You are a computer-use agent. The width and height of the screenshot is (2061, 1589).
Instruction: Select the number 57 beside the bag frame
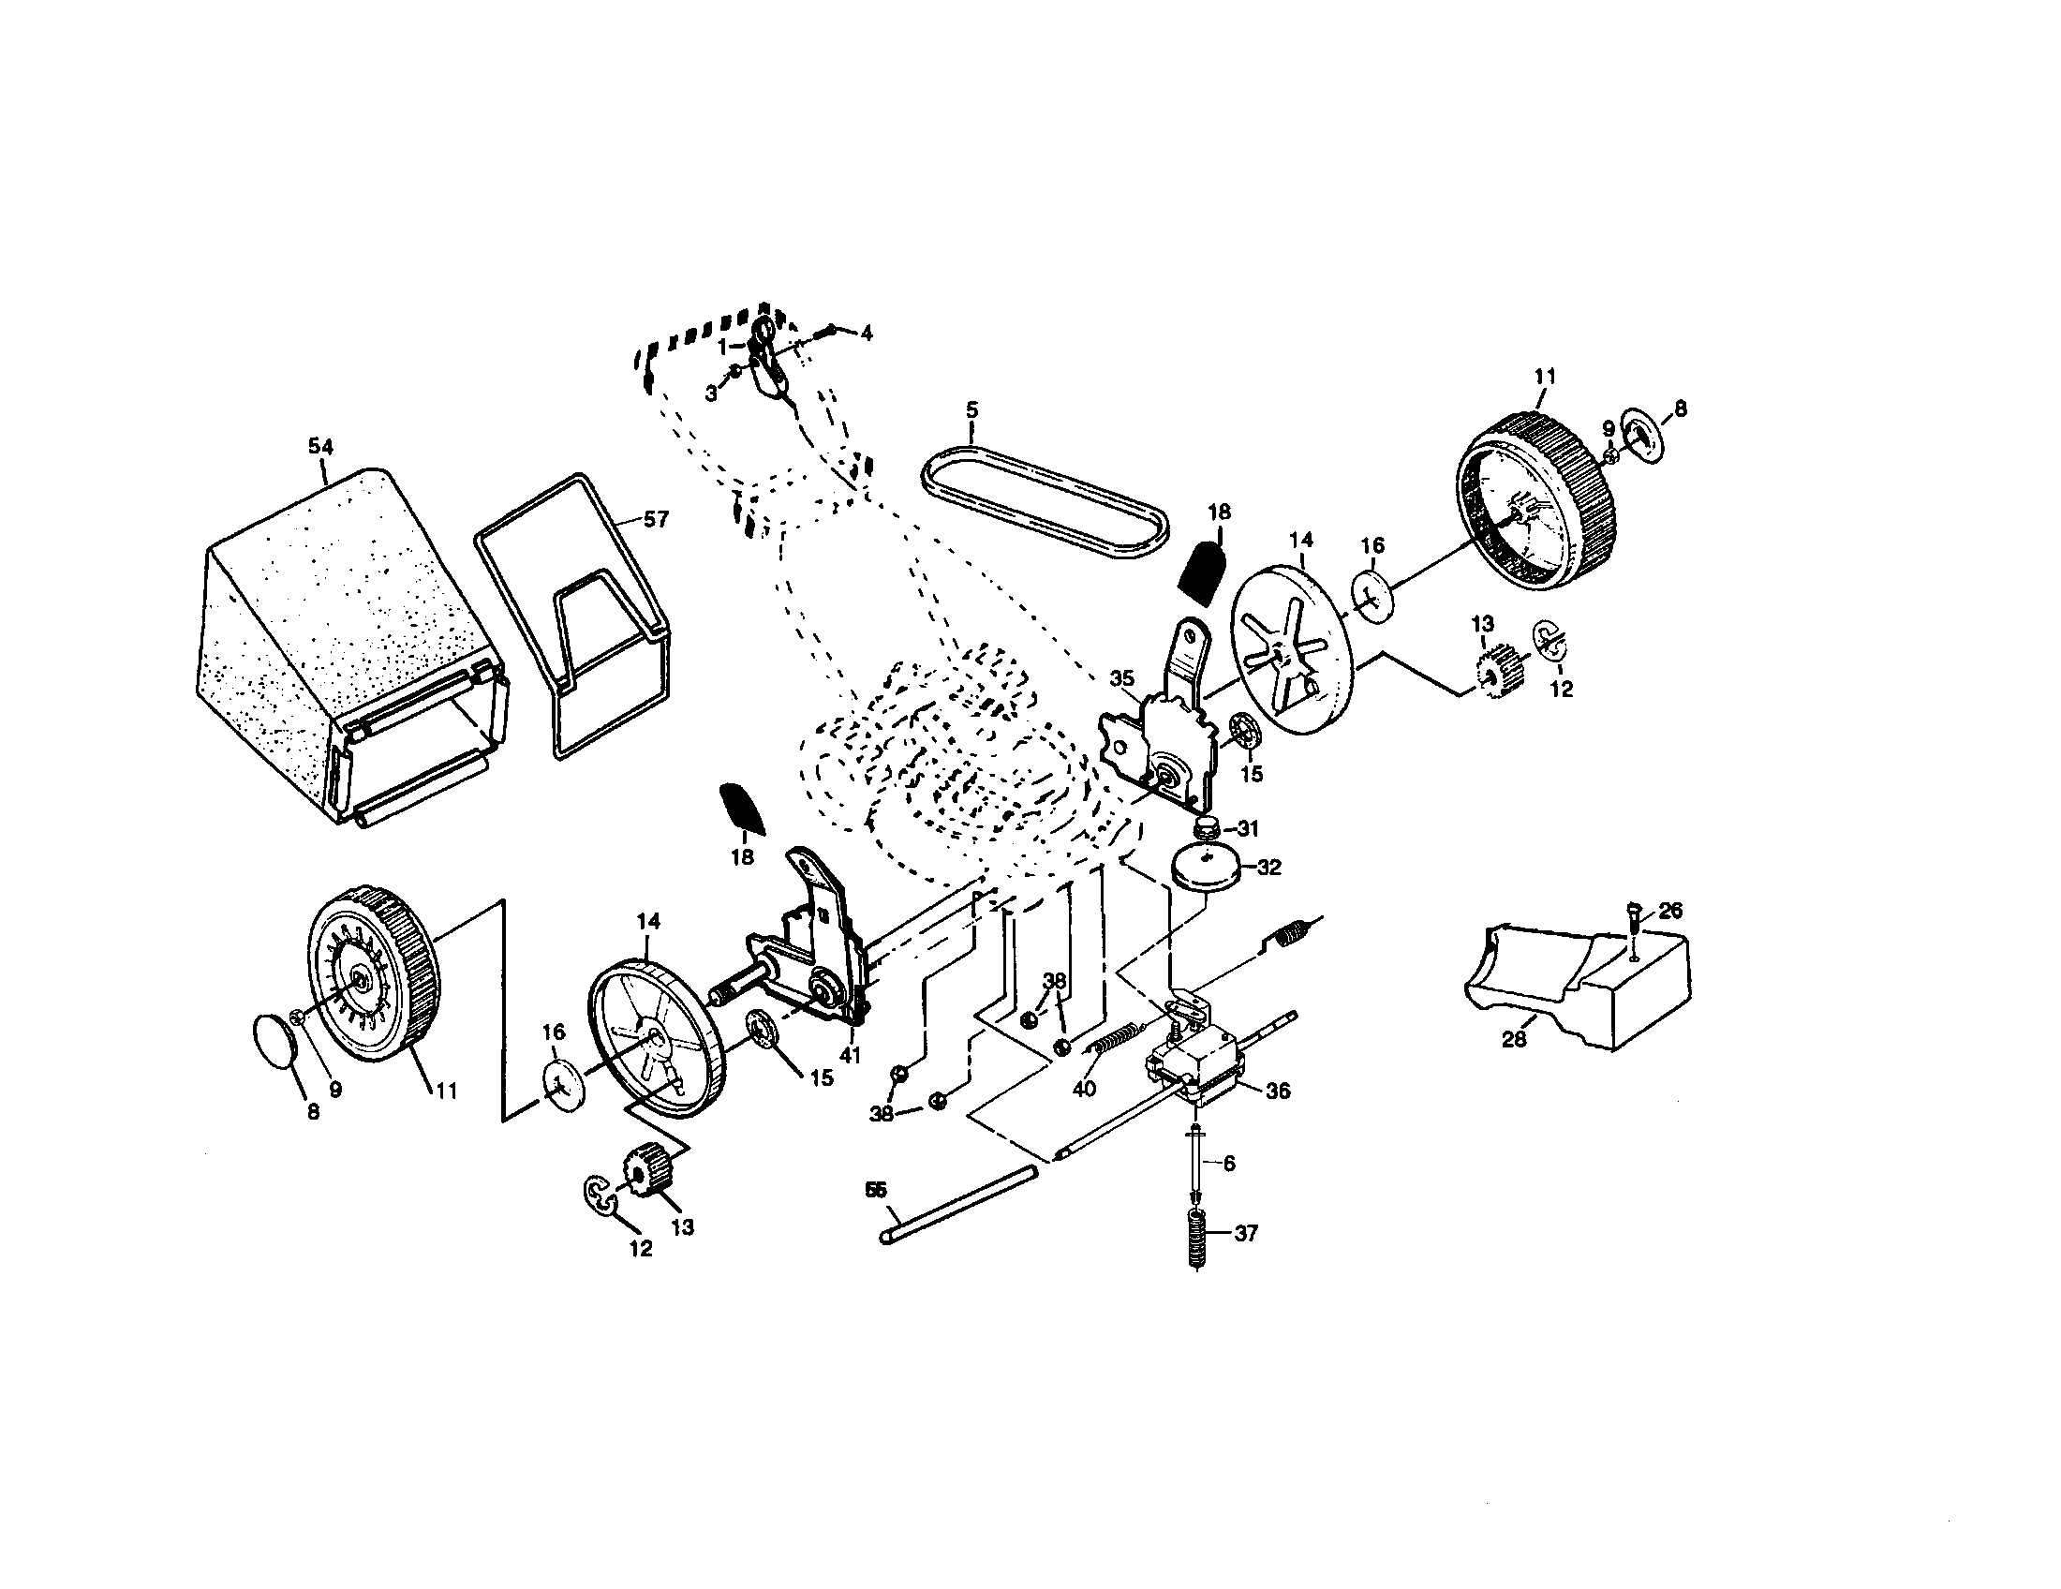coord(655,519)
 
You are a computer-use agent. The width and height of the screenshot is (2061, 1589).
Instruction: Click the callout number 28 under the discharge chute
coord(1514,1040)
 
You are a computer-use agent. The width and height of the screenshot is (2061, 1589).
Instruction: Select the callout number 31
coord(1248,828)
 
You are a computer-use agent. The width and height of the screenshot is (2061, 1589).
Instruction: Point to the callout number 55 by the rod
coord(875,1190)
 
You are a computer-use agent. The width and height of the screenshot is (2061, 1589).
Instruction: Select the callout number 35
coord(1121,677)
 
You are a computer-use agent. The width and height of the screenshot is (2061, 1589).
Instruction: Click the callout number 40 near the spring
coord(1084,1088)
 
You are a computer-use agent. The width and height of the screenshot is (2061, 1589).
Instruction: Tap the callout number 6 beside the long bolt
coord(1228,1165)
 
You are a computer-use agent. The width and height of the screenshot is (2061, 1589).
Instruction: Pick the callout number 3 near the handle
coord(711,394)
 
